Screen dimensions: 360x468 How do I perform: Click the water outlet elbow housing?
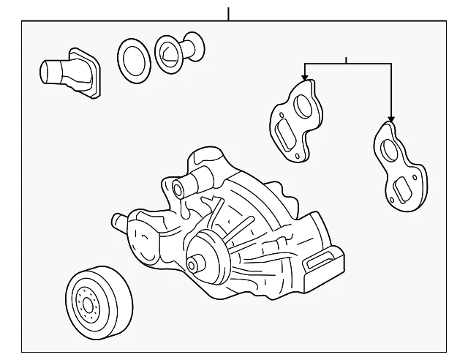(x=71, y=72)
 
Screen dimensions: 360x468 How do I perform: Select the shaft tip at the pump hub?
(x=192, y=264)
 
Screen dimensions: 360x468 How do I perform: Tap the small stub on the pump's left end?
(x=116, y=220)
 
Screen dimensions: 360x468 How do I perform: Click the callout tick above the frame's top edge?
(x=228, y=13)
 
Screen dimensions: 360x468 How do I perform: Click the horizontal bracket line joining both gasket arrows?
(x=347, y=64)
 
